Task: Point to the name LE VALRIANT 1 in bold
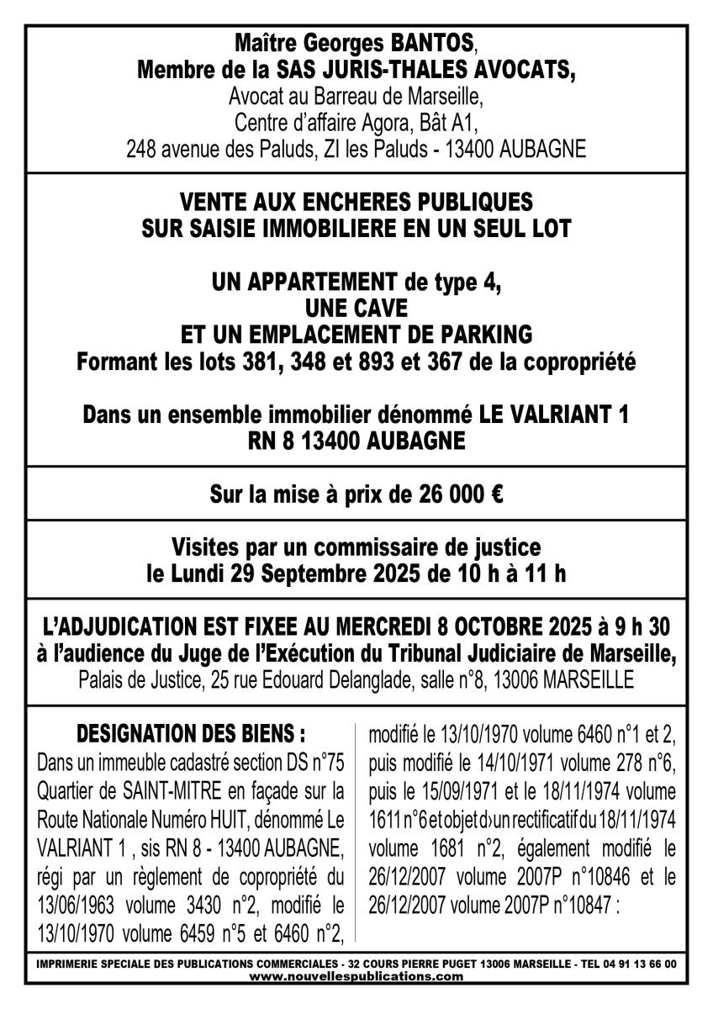pyautogui.click(x=553, y=415)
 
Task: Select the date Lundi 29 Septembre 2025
pyautogui.click(x=289, y=575)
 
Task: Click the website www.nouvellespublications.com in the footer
pyautogui.click(x=356, y=976)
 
